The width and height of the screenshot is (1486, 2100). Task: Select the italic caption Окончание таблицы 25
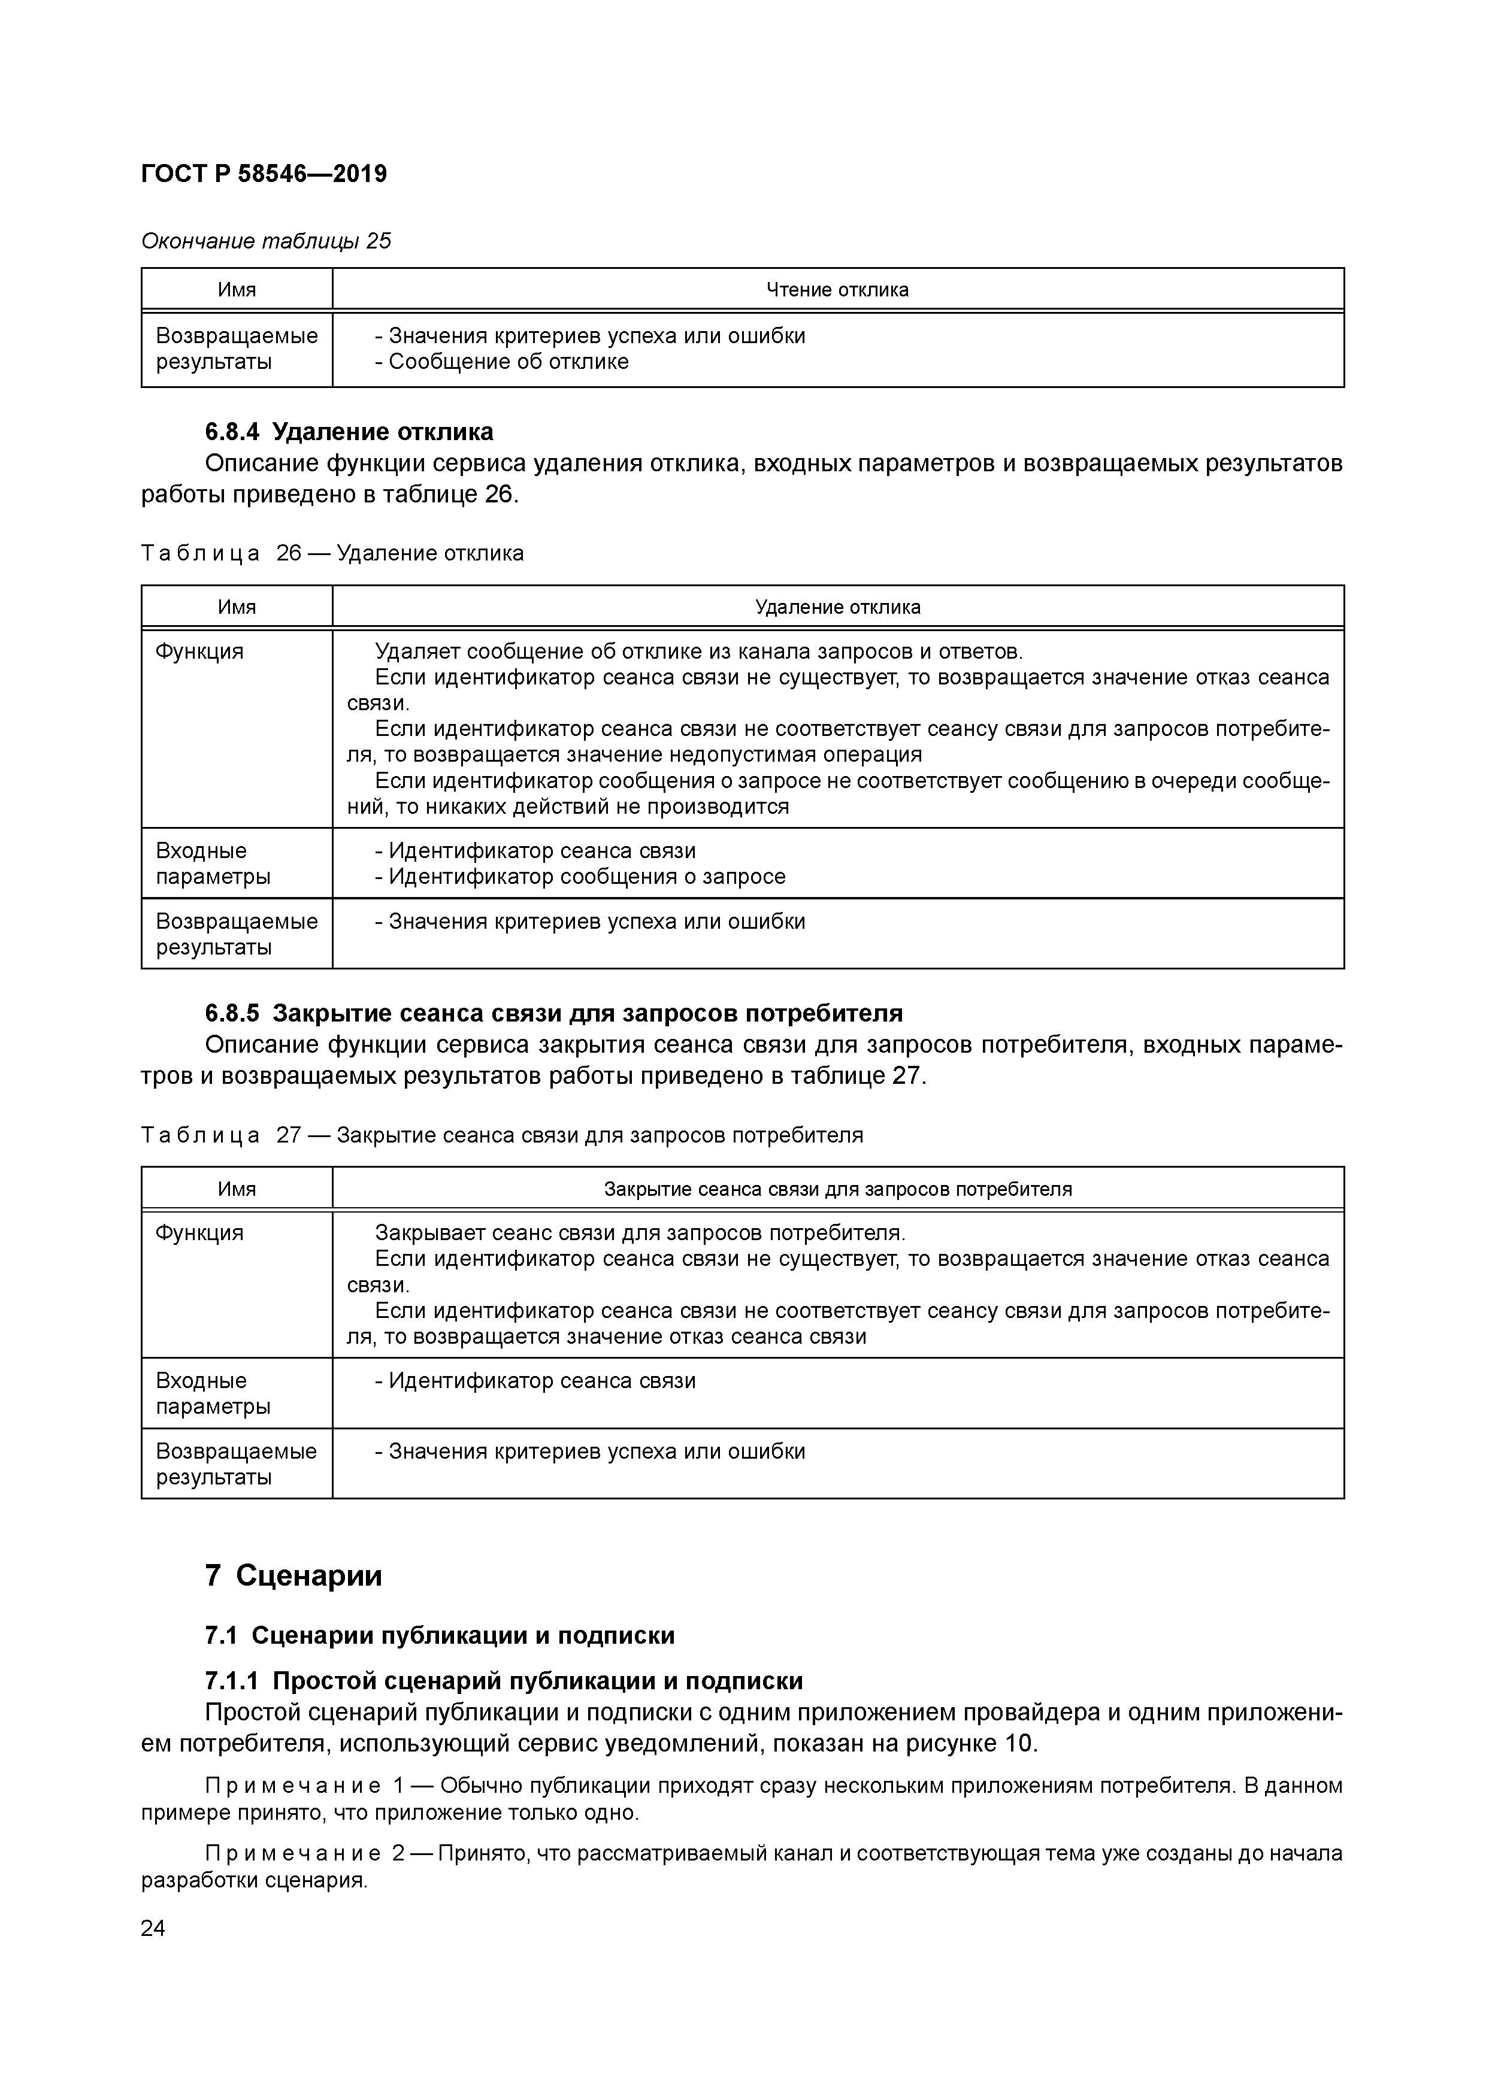click(265, 241)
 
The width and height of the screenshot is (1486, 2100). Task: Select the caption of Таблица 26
click(332, 553)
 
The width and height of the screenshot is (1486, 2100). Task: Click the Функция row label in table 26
click(199, 651)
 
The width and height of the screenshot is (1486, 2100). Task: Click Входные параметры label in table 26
click(213, 863)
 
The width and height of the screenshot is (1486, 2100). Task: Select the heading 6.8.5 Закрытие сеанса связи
click(553, 1013)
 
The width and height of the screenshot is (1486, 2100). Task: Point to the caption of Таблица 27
click(501, 1135)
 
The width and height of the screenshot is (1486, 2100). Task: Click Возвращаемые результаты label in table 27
click(236, 1464)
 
